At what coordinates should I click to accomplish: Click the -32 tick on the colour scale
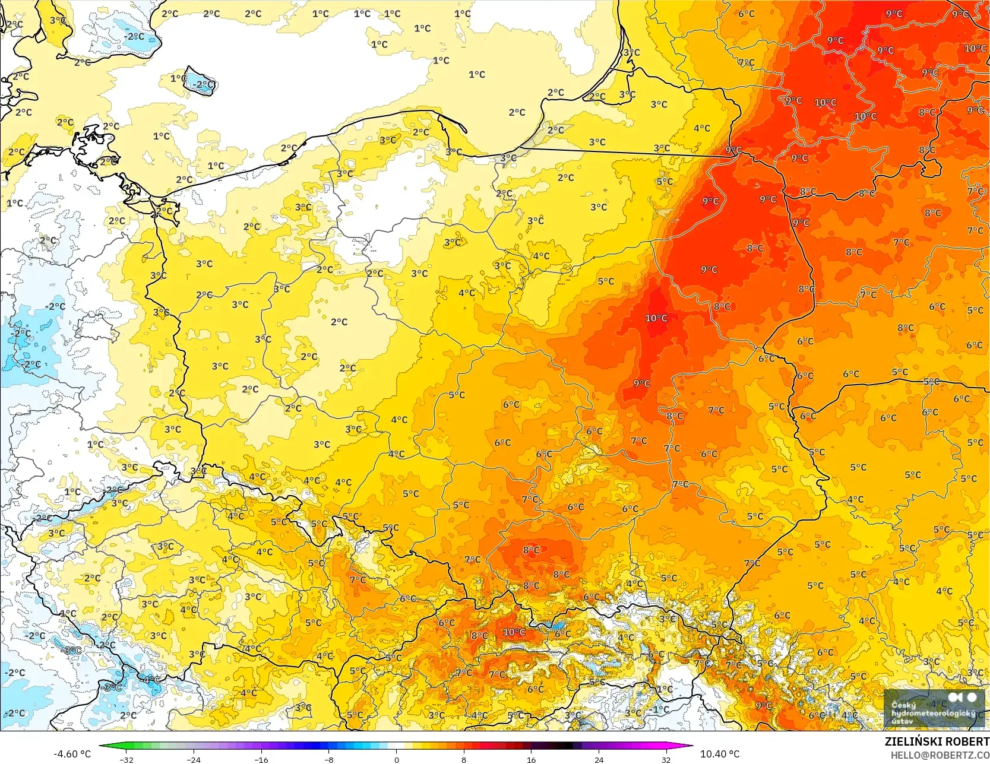click(x=126, y=759)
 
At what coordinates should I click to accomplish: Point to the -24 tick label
click(x=194, y=759)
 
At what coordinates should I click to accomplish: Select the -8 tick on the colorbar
click(x=328, y=759)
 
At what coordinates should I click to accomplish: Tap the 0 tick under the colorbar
click(x=396, y=759)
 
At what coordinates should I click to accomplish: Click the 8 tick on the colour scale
click(x=464, y=759)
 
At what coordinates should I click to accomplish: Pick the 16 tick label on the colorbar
click(x=531, y=759)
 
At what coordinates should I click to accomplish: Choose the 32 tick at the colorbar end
click(x=666, y=759)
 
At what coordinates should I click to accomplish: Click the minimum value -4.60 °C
click(x=72, y=754)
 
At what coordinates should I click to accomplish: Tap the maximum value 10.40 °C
click(x=720, y=754)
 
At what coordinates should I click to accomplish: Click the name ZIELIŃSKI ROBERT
click(x=937, y=742)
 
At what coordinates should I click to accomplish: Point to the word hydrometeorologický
click(x=932, y=713)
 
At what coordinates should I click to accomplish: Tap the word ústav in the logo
click(x=902, y=721)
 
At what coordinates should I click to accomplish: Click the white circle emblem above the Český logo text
click(x=972, y=697)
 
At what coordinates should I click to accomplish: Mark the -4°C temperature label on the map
click(x=151, y=679)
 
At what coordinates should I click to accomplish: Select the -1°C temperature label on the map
click(x=660, y=709)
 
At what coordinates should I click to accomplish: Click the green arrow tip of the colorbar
click(x=101, y=746)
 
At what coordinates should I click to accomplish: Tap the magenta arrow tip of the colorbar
click(x=690, y=746)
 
